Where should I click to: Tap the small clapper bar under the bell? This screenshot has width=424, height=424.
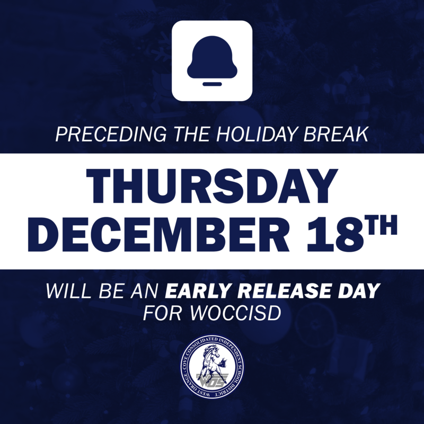tap(212, 84)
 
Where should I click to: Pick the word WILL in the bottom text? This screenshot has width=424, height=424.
tap(65, 291)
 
